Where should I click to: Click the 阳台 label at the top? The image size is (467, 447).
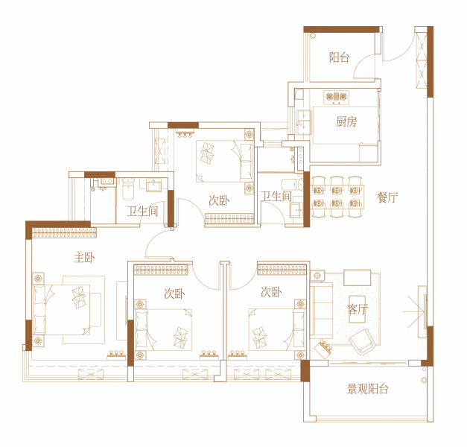point(339,57)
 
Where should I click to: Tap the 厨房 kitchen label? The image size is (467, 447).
point(346,121)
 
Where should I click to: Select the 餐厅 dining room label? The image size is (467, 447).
point(387,197)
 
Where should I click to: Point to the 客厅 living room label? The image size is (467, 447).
point(358,309)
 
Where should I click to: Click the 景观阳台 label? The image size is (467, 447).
point(368,389)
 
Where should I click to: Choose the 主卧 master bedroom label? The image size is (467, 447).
point(84,258)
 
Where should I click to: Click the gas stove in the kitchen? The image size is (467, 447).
point(336,97)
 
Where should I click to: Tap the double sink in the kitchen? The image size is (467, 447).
point(304,122)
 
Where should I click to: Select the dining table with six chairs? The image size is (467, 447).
point(337,197)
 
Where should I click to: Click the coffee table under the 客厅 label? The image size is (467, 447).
point(358,309)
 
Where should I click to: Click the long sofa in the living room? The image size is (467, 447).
point(321,311)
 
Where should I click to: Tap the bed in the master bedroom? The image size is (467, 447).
point(62,309)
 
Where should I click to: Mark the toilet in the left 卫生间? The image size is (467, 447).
point(129,189)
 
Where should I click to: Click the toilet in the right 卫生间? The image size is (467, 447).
point(292,185)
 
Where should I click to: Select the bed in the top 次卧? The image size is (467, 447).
point(225,161)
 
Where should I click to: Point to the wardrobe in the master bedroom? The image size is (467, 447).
point(64,232)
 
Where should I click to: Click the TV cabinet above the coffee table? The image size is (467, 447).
point(358,278)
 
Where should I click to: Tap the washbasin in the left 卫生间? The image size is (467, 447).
point(153,185)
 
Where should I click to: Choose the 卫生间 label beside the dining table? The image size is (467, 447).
point(276,197)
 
